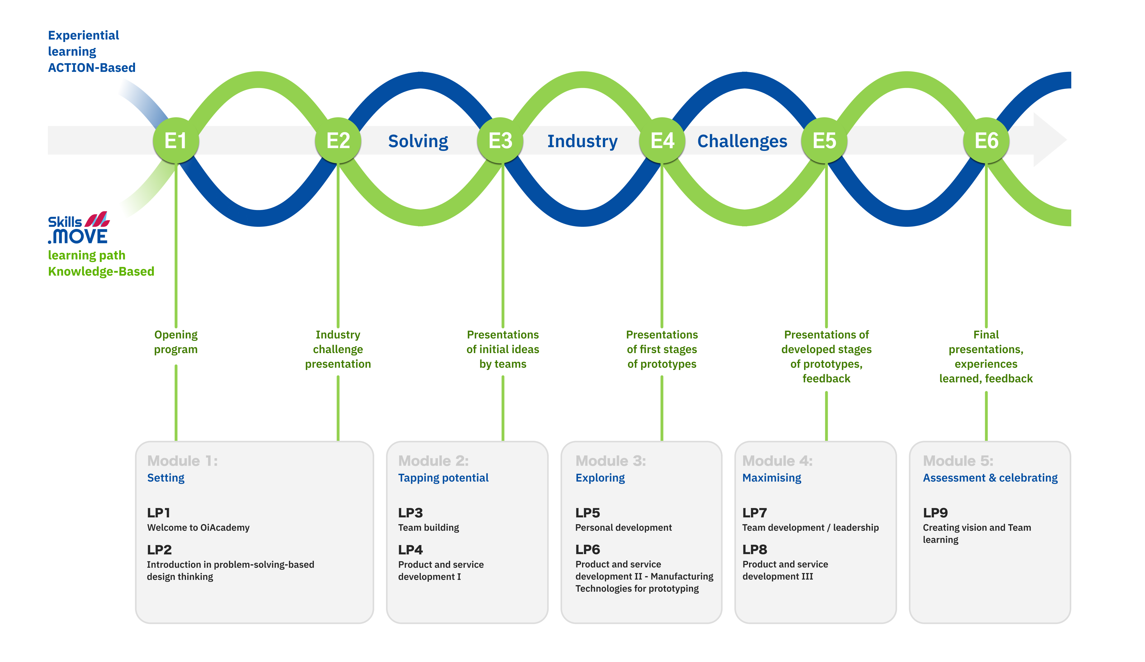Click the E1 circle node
pyautogui.click(x=176, y=140)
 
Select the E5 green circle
pyautogui.click(x=824, y=140)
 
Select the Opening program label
pyautogui.click(x=176, y=342)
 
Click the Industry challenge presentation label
pyautogui.click(x=338, y=349)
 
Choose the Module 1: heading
pyautogui.click(x=183, y=461)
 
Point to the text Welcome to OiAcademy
pyautogui.click(x=198, y=528)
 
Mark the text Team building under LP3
pyautogui.click(x=428, y=528)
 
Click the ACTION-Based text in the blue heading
pyautogui.click(x=92, y=68)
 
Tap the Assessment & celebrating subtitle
pyautogui.click(x=990, y=478)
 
